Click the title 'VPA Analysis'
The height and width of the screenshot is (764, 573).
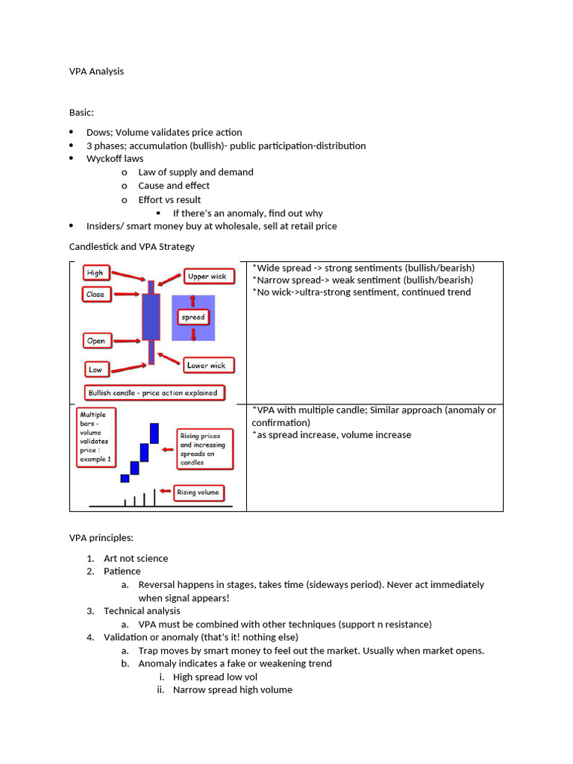click(x=96, y=72)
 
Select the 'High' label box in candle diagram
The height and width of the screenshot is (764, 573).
click(x=95, y=273)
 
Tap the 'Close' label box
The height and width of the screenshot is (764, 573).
click(x=95, y=294)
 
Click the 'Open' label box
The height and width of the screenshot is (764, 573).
click(x=96, y=341)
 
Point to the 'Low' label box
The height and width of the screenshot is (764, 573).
click(x=95, y=369)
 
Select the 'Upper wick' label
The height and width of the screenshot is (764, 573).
click(x=207, y=277)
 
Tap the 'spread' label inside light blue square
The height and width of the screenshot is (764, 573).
click(x=193, y=317)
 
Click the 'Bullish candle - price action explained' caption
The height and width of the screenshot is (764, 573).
click(x=153, y=392)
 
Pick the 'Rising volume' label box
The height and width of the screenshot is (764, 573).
click(x=198, y=492)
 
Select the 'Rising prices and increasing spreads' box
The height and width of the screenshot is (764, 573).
click(x=203, y=448)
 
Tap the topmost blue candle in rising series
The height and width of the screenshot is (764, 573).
click(x=154, y=433)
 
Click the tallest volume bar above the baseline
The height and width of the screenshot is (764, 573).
click(x=154, y=498)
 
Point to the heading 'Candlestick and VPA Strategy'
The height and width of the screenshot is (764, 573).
click(x=132, y=246)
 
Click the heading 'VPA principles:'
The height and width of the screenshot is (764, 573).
click(x=101, y=537)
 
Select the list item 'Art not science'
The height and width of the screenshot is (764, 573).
click(x=136, y=558)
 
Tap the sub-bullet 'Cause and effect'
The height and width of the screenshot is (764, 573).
click(x=174, y=186)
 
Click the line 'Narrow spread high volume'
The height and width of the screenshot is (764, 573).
click(x=232, y=690)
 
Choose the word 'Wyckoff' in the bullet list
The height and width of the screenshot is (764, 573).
click(x=104, y=159)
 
